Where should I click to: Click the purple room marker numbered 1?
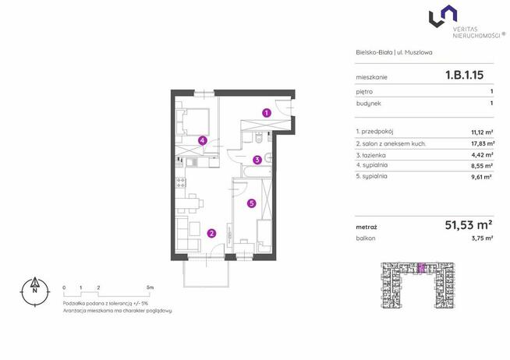click(267, 113)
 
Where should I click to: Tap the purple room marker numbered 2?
click(212, 233)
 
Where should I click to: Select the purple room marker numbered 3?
click(257, 160)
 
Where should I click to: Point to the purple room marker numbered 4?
click(203, 141)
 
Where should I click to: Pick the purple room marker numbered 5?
click(251, 203)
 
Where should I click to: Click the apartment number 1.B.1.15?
click(464, 75)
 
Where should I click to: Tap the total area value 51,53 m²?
click(469, 224)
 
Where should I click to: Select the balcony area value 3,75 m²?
click(482, 238)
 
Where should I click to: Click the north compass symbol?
click(35, 291)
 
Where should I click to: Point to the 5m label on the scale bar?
click(150, 288)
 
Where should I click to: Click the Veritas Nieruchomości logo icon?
click(443, 16)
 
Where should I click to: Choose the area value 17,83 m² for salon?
click(483, 143)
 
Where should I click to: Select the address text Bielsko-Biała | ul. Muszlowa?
click(394, 52)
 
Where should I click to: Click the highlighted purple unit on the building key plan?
click(421, 267)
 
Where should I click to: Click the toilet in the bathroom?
click(260, 138)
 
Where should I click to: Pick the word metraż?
click(367, 228)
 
